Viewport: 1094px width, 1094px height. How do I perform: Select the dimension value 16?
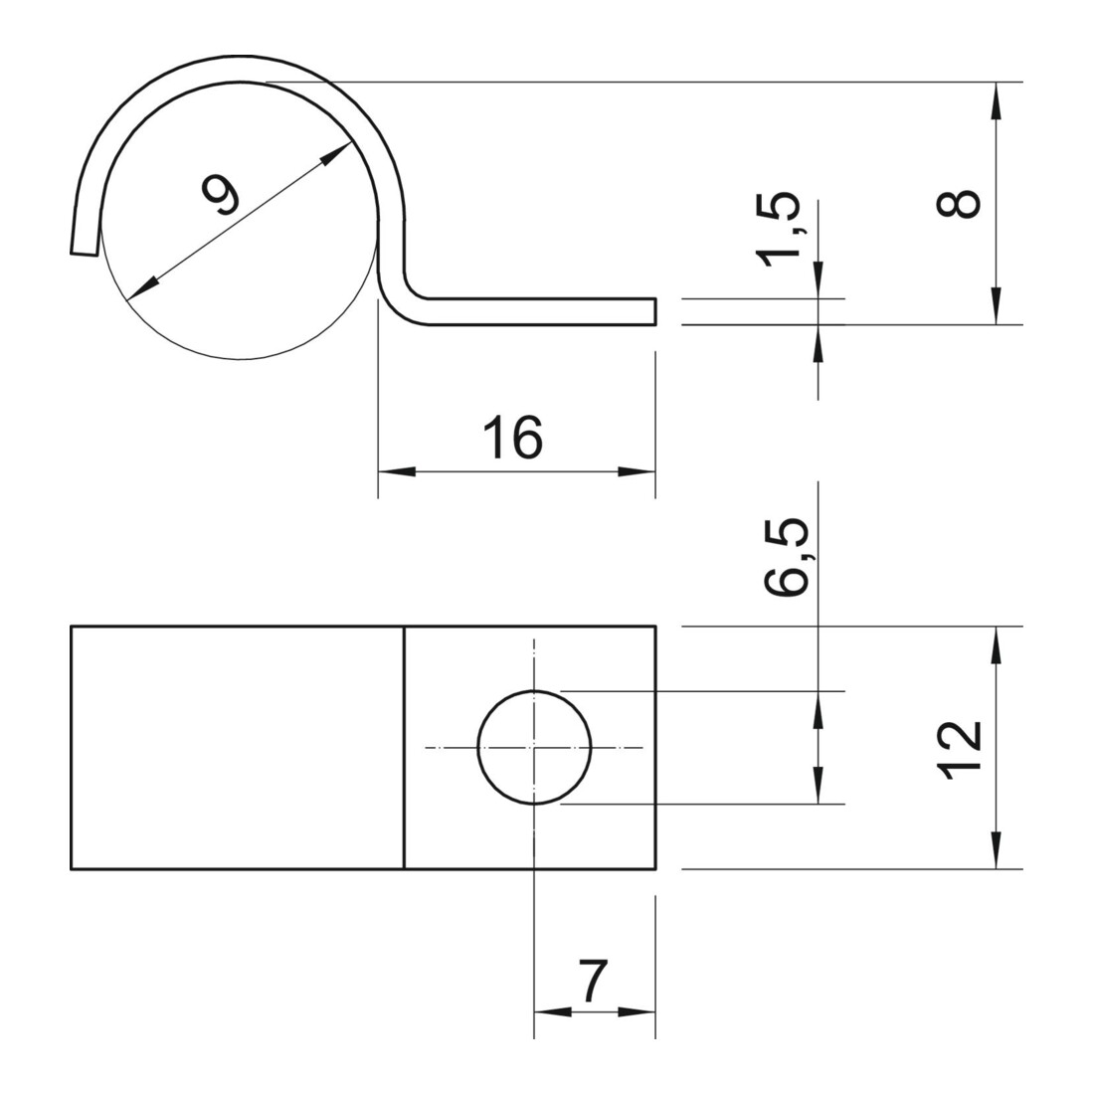point(513,438)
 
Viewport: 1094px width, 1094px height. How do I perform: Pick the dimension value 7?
point(594,981)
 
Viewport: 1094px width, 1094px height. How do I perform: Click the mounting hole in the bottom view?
point(534,747)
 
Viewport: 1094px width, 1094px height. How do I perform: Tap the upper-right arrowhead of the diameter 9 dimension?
point(335,153)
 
